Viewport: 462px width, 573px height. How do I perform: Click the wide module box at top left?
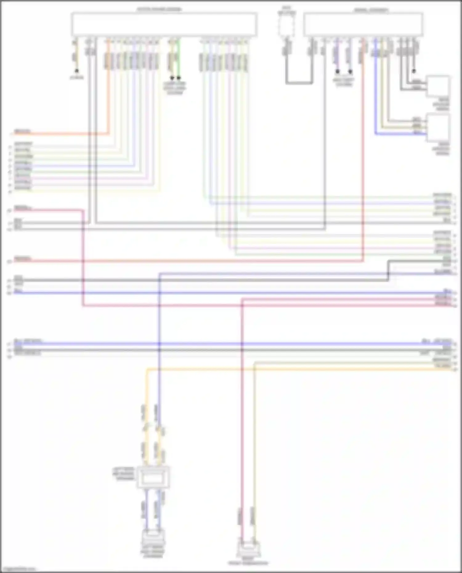click(164, 24)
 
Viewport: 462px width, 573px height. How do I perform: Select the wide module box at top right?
click(363, 24)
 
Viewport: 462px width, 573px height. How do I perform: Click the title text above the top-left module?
click(159, 9)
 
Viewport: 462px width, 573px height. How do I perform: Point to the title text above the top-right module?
click(371, 10)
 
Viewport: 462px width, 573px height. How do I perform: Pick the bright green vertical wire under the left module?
click(179, 59)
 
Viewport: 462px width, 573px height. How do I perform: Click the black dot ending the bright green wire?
click(179, 78)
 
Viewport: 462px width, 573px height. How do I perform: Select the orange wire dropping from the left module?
click(108, 92)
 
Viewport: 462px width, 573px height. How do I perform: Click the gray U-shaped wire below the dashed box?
click(299, 83)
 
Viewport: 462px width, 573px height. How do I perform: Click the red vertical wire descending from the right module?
click(363, 154)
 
